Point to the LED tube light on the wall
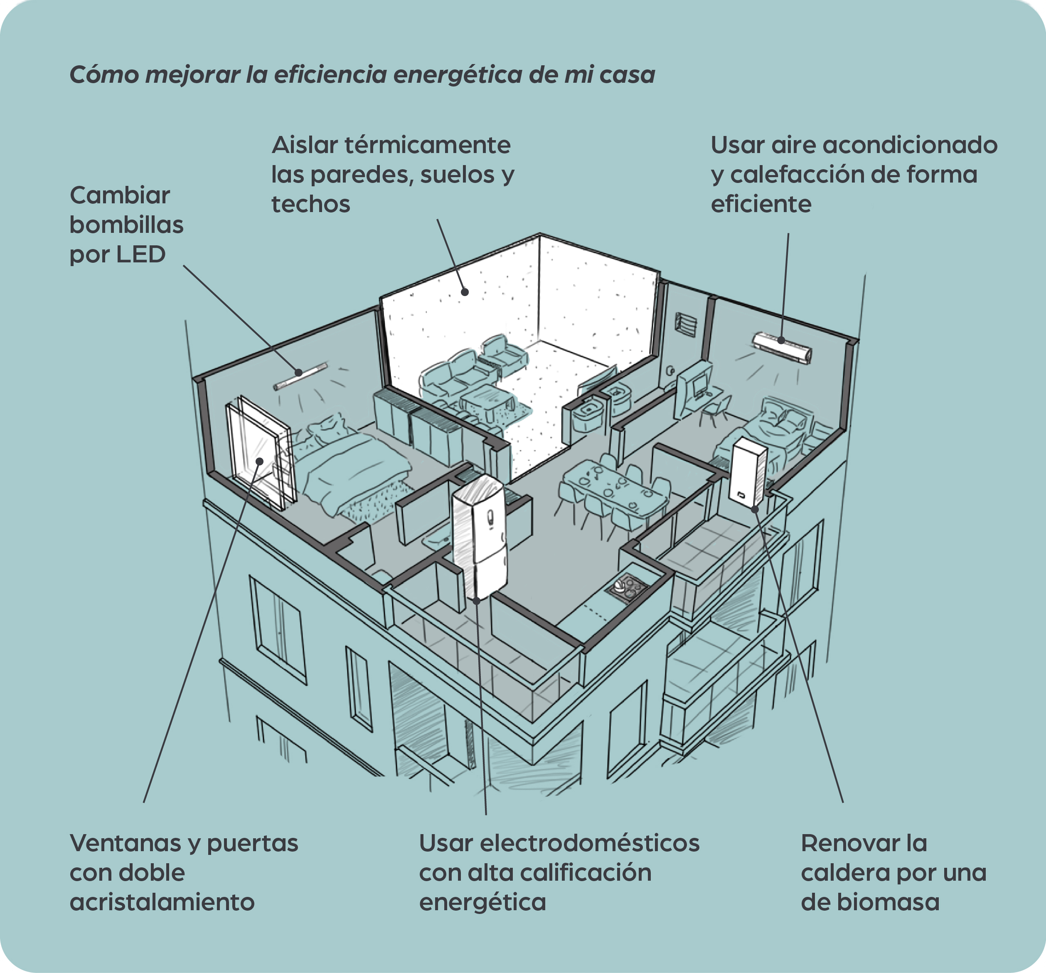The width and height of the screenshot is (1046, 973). point(300,376)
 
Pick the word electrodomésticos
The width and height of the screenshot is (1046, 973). point(590,843)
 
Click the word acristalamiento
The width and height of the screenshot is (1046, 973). point(162,902)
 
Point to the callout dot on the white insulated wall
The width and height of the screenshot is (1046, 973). point(465,291)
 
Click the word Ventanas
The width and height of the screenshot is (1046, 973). point(124,843)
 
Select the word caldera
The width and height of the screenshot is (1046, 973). point(842,872)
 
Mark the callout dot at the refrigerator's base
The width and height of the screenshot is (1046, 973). point(477,600)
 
